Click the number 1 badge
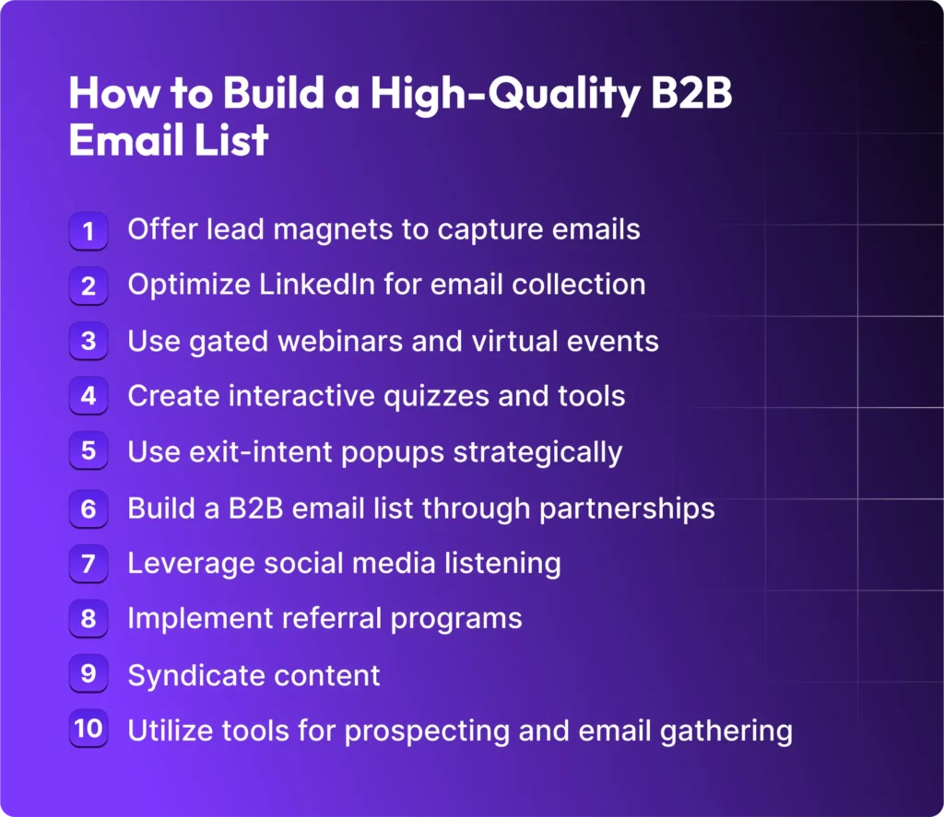(88, 230)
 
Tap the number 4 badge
(88, 397)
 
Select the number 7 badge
(88, 563)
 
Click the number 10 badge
(88, 729)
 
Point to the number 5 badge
(88, 452)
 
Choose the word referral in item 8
(327, 618)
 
